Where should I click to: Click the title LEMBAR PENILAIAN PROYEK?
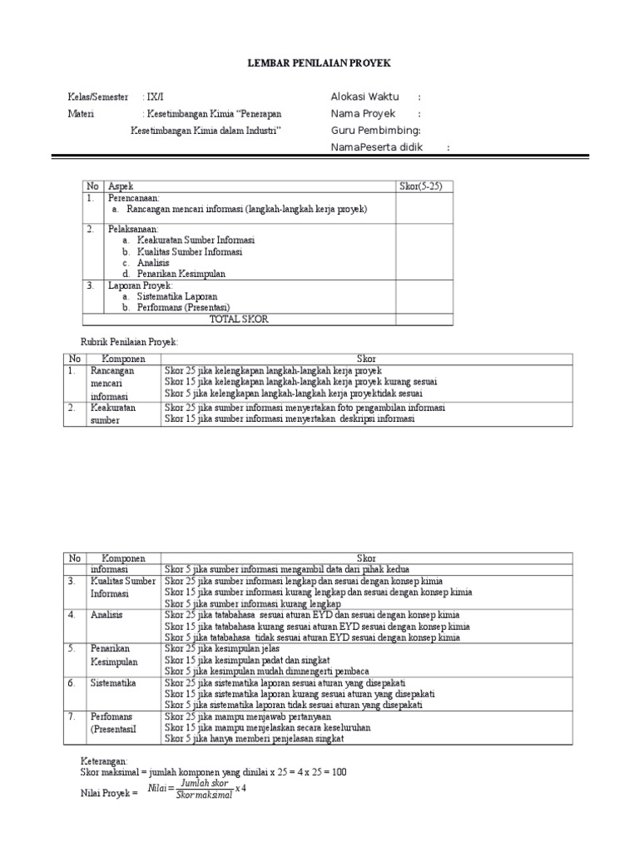coord(320,63)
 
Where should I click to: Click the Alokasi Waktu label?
coord(364,97)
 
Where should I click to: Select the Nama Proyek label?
coord(363,113)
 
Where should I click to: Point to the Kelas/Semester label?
coord(98,97)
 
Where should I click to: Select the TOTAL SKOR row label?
coord(239,319)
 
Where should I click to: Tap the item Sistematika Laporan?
coord(176,296)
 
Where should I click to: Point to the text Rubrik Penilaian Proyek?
coord(129,342)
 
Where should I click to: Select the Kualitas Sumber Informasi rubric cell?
coord(122,587)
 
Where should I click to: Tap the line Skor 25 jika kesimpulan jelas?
coord(221,648)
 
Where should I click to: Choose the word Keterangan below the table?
coord(104,760)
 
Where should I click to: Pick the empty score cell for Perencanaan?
coord(424,208)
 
